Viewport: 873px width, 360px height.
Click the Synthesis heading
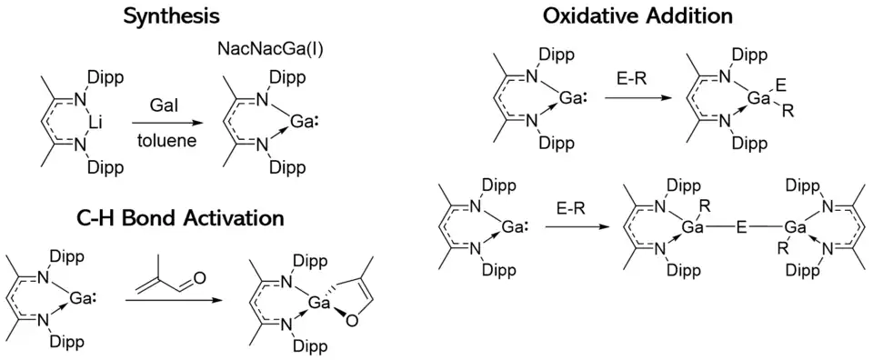coord(172,16)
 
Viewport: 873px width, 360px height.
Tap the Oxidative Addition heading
coord(637,16)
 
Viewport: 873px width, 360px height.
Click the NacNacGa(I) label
coord(271,49)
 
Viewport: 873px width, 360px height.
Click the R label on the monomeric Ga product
coord(788,112)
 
